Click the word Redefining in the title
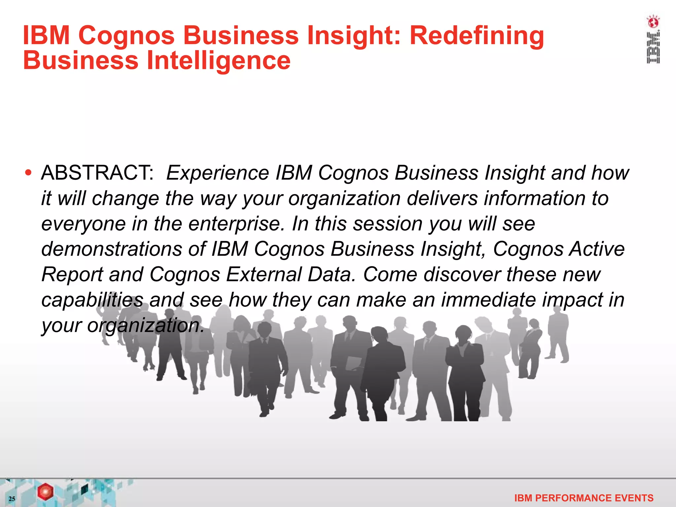[477, 36]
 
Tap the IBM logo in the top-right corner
[653, 48]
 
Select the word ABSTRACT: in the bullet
[97, 173]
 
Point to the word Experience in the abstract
[218, 173]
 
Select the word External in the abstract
[264, 274]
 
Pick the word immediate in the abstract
[488, 300]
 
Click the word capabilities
[92, 300]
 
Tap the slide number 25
[12, 499]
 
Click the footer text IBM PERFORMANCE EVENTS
[584, 498]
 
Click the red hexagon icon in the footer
[45, 492]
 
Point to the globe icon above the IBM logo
[653, 22]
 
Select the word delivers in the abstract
[442, 199]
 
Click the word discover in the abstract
[462, 274]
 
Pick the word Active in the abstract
[597, 249]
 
